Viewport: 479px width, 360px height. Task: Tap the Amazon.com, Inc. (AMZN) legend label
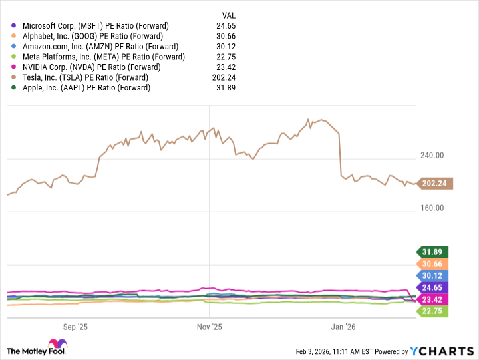click(x=100, y=47)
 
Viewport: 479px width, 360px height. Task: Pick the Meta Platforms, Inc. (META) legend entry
click(x=102, y=57)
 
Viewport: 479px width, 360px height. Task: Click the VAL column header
click(x=229, y=15)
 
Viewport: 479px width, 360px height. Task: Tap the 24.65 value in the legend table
click(x=228, y=26)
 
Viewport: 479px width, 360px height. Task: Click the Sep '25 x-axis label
click(x=75, y=327)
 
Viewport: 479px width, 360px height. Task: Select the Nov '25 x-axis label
click(x=209, y=327)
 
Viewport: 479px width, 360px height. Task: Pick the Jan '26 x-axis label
click(x=343, y=327)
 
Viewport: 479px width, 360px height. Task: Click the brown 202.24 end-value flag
click(x=436, y=183)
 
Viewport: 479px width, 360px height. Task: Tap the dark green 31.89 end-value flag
click(x=433, y=252)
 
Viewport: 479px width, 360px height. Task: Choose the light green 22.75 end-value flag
click(x=433, y=311)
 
